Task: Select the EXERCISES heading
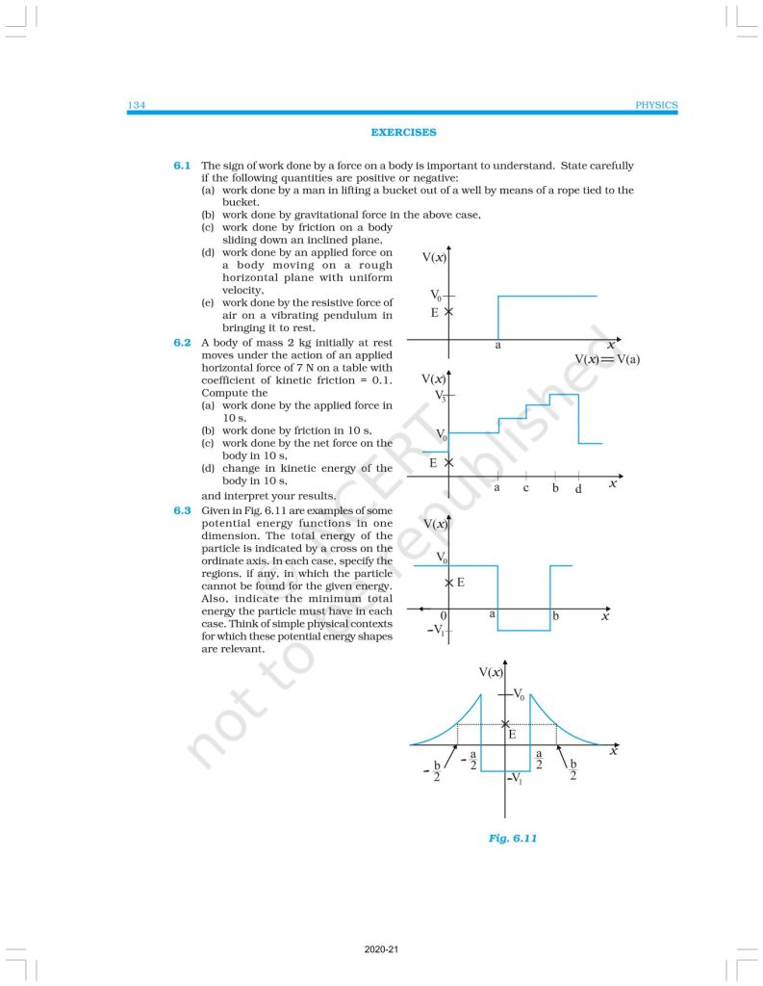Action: (x=403, y=133)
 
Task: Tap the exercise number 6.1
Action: (x=183, y=166)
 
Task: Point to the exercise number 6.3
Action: (x=183, y=510)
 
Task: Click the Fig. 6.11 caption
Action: (x=512, y=839)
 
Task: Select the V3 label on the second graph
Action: (x=441, y=394)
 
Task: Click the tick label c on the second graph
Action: (x=525, y=488)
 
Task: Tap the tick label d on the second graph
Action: (x=577, y=489)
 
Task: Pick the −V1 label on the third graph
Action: (x=436, y=631)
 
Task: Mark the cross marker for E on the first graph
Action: (x=449, y=312)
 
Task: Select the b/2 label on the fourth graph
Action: (x=572, y=771)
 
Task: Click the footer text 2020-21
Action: (x=381, y=950)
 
